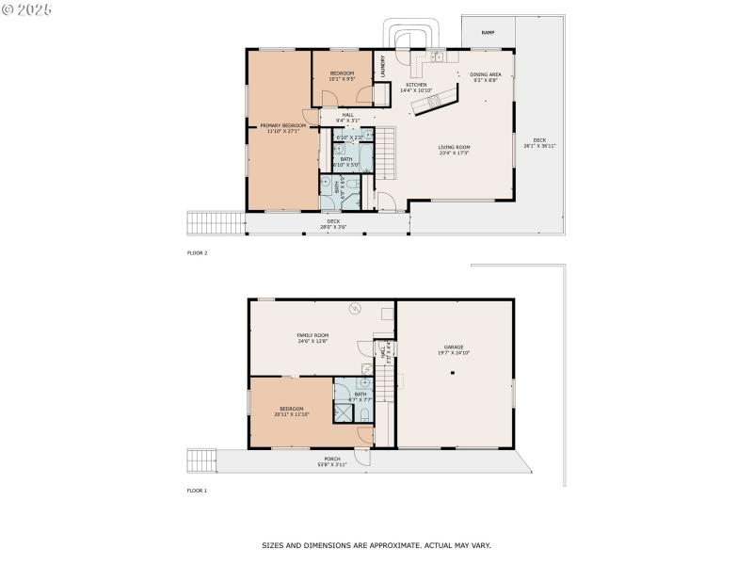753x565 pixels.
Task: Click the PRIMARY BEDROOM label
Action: [283, 125]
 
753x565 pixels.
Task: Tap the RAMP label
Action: [488, 33]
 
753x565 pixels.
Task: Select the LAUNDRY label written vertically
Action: [383, 65]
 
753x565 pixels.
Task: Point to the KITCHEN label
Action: [416, 85]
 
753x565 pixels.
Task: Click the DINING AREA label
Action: [485, 74]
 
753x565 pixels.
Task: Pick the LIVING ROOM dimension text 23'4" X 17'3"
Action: [454, 153]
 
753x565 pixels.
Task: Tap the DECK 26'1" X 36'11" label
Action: [540, 142]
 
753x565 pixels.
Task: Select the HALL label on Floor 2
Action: [348, 116]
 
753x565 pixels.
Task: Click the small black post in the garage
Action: [453, 374]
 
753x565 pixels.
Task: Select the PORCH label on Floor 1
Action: [332, 459]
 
